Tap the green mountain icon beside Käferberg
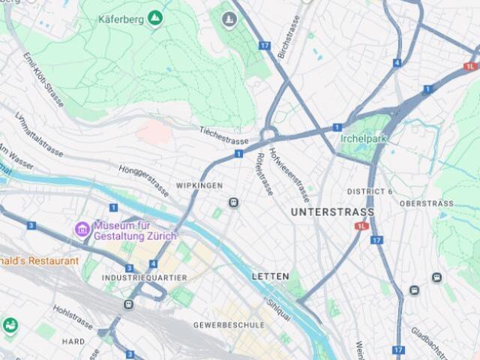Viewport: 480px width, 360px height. point(155,17)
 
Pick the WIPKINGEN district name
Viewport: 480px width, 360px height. point(199,185)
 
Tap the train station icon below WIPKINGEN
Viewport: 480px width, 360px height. point(234,202)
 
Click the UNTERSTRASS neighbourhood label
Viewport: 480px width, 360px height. point(332,212)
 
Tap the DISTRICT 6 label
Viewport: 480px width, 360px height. point(369,192)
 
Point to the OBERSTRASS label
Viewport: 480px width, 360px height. point(426,203)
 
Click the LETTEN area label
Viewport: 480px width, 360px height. point(270,277)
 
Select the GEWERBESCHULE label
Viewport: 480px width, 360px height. point(229,325)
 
